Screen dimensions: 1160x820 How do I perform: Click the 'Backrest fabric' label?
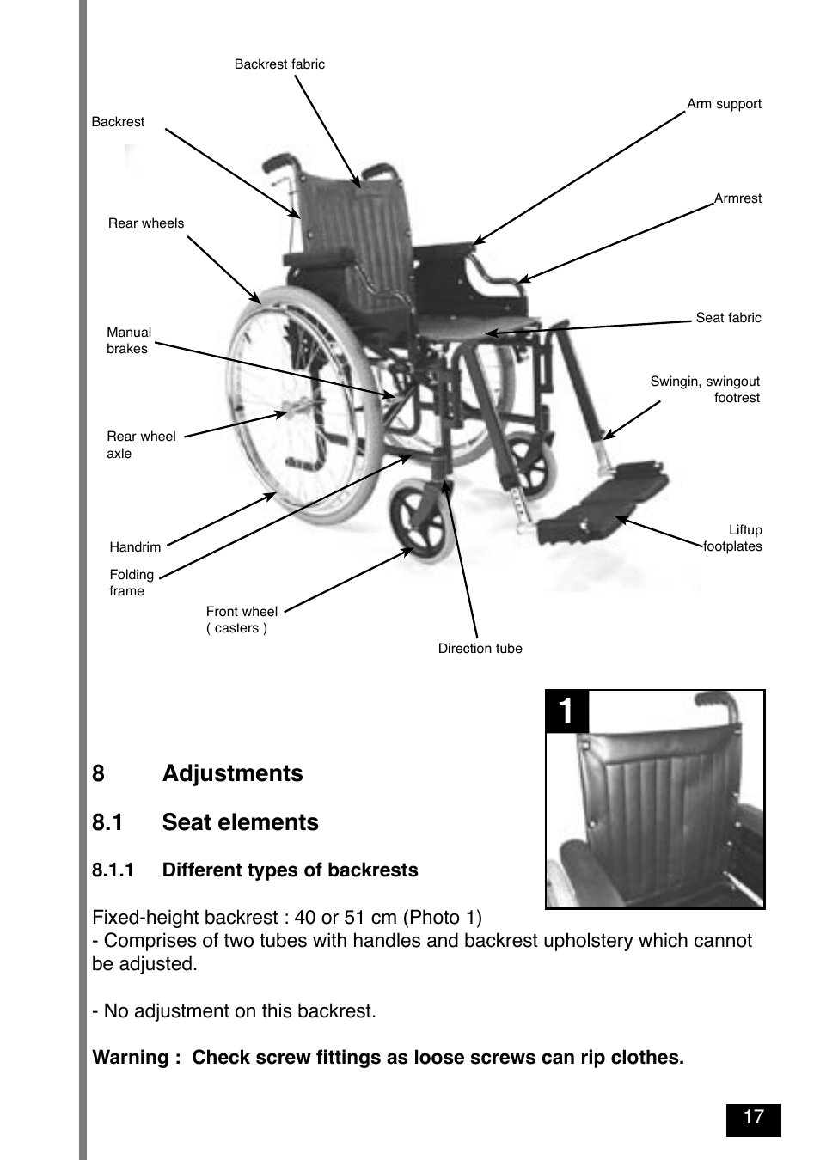click(279, 64)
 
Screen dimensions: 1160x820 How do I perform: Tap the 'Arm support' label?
click(724, 104)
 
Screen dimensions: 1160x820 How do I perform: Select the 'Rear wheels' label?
click(146, 223)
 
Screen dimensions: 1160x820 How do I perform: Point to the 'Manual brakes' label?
click(128, 340)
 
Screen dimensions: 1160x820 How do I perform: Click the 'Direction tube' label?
click(480, 649)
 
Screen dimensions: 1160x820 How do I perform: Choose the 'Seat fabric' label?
click(728, 318)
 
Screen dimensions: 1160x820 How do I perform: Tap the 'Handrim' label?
click(135, 547)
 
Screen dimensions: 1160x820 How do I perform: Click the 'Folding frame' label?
click(132, 583)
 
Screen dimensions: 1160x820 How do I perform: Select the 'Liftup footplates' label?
click(733, 538)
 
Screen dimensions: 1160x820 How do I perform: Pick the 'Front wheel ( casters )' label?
click(242, 620)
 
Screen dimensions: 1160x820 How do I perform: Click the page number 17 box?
click(753, 1118)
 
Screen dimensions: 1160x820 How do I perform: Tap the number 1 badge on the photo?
click(566, 711)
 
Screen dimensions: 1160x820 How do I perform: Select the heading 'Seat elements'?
click(240, 822)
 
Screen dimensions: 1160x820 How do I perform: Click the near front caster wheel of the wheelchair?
click(419, 521)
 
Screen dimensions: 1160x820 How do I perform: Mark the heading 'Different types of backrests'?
click(290, 870)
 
